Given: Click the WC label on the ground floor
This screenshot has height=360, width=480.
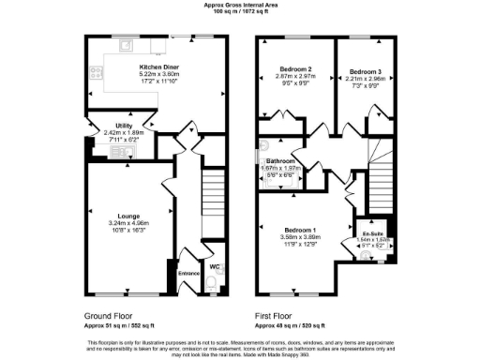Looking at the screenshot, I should tap(215, 267).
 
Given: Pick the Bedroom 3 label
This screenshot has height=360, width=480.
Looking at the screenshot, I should tap(364, 70).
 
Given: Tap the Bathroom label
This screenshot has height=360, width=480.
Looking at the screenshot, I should tap(279, 161).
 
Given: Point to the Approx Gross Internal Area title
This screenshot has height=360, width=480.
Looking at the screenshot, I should tap(240, 5).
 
